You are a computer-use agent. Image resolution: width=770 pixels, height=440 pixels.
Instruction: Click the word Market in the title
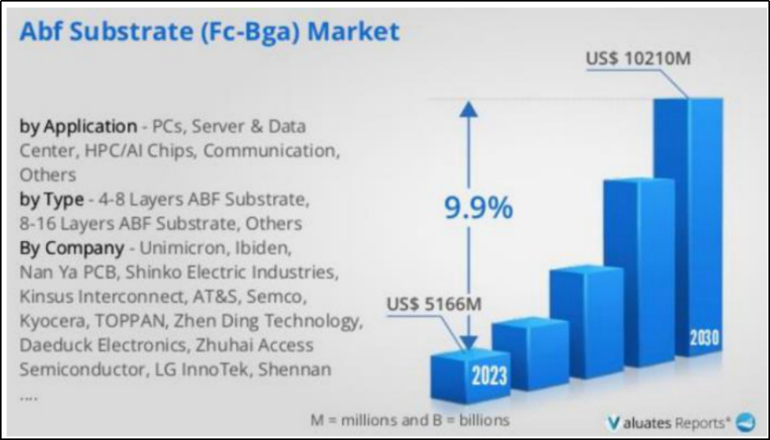[353, 32]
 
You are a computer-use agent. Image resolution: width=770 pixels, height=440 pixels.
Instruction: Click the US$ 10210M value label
[638, 59]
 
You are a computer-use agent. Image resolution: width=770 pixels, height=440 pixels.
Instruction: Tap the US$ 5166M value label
[434, 304]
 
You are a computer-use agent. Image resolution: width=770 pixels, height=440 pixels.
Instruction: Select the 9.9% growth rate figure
[478, 208]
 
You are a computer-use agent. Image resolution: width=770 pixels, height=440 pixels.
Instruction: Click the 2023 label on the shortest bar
[489, 376]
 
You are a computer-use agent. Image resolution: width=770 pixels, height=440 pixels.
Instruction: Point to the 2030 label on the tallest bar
[704, 339]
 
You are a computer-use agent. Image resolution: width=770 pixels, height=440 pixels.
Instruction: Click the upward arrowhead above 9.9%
[468, 109]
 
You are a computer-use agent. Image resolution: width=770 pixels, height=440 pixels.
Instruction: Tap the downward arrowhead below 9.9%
[469, 342]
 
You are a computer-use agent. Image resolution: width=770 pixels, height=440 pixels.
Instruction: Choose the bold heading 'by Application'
[78, 127]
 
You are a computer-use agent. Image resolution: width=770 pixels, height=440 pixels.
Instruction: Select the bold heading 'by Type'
[51, 200]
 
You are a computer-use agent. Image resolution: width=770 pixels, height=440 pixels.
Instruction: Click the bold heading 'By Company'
[72, 248]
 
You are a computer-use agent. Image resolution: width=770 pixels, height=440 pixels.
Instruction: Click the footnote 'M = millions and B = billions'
[410, 420]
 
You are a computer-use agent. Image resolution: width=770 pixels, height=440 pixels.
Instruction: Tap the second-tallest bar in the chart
[638, 272]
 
